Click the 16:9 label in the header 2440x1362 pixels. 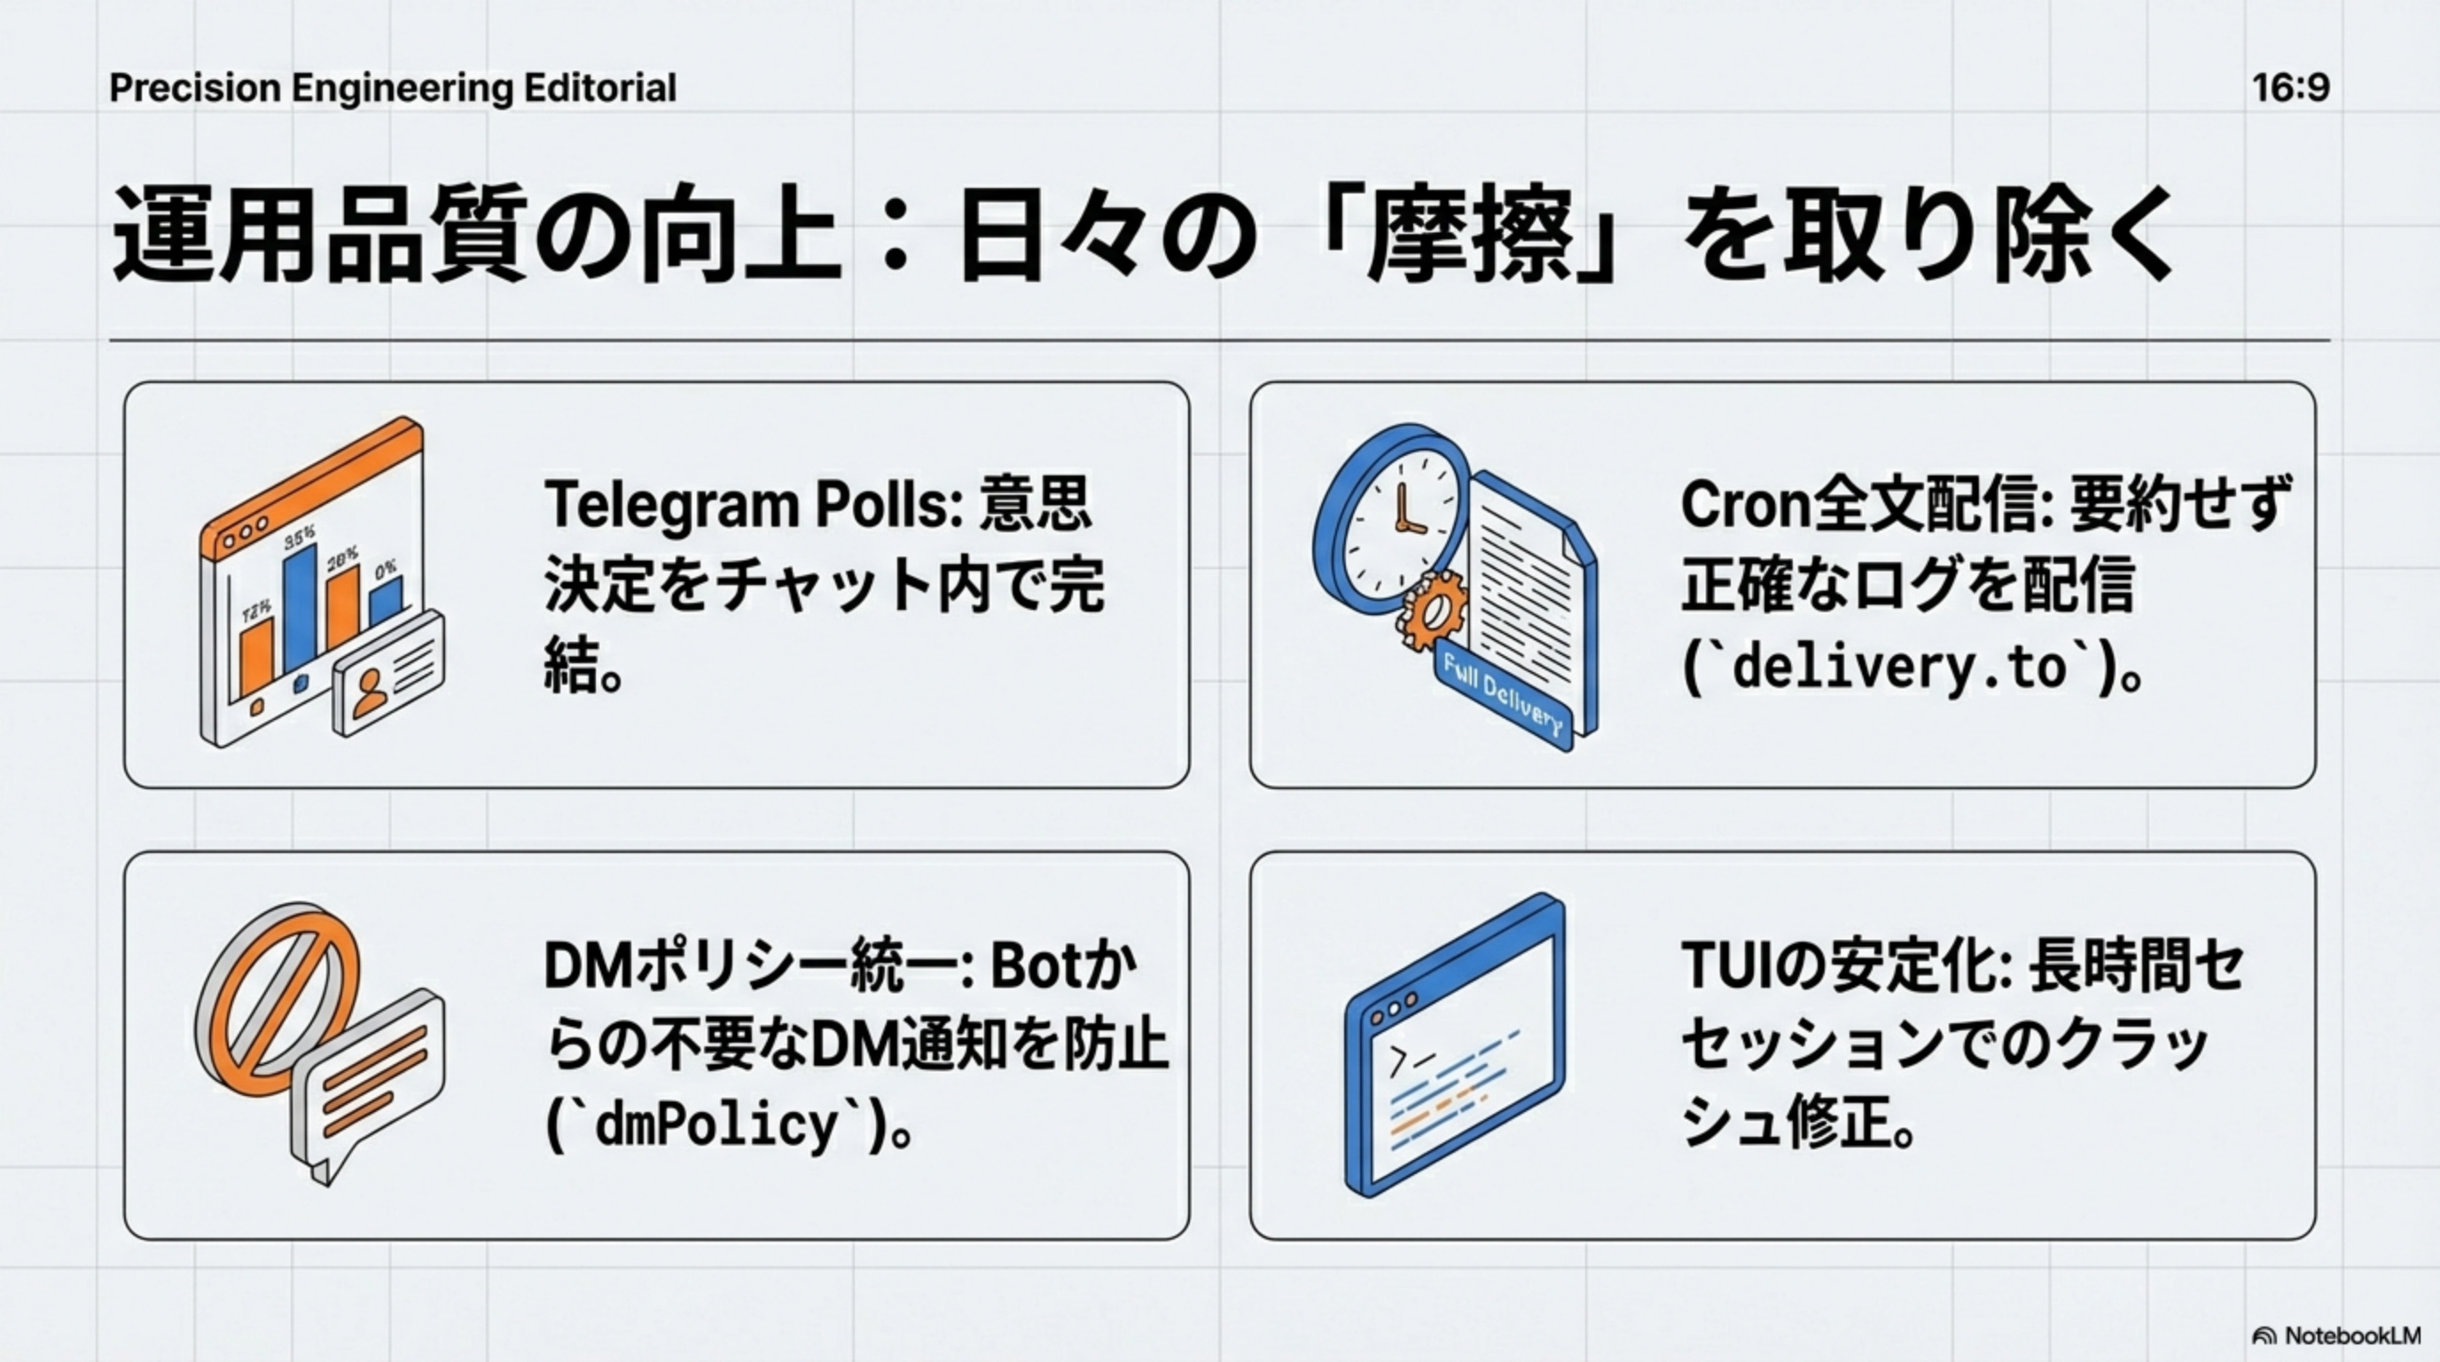point(2290,88)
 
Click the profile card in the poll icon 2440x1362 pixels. point(388,675)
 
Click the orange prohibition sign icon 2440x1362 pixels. point(278,996)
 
